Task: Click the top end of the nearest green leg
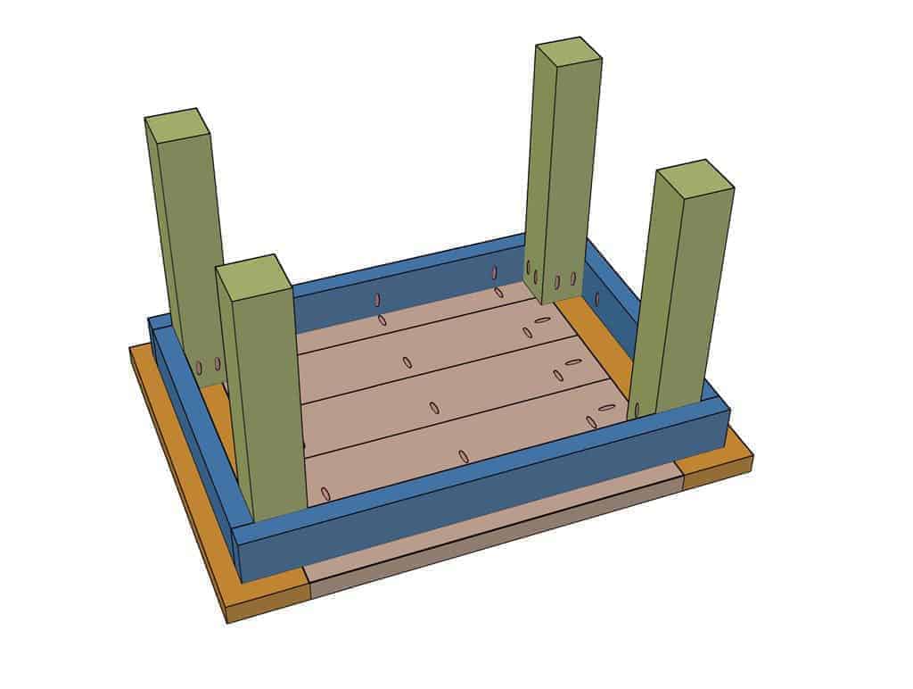[254, 277]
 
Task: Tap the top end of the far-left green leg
[177, 125]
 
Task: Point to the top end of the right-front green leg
[694, 178]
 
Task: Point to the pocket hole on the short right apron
[597, 299]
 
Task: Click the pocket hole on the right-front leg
[637, 410]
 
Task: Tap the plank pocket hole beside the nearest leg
[325, 494]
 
